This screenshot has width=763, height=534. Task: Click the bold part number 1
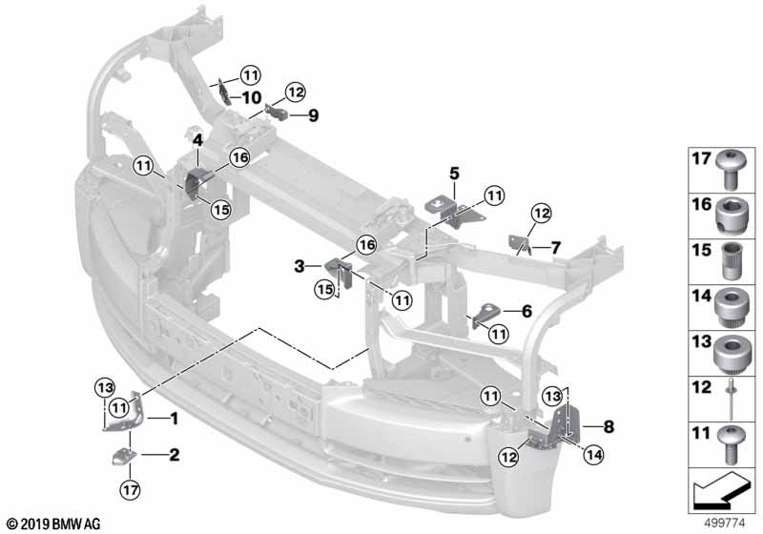(x=174, y=419)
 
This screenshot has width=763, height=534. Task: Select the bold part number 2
(x=175, y=455)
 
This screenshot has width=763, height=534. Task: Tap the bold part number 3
(x=299, y=266)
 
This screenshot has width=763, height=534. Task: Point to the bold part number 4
(x=197, y=140)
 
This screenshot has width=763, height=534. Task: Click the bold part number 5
(x=454, y=174)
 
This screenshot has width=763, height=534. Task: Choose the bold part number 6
(x=527, y=311)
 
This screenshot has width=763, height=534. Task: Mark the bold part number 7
(x=556, y=248)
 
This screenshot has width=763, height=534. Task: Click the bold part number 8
(x=608, y=427)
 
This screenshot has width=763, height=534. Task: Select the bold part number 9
(x=314, y=115)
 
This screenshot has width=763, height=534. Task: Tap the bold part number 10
(x=252, y=98)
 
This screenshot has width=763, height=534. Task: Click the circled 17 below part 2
(x=130, y=489)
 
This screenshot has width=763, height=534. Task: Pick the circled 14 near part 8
(x=593, y=455)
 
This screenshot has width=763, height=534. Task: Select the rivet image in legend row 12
(x=732, y=399)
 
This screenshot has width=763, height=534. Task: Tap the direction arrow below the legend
(x=720, y=489)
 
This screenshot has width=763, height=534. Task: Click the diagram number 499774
(x=725, y=524)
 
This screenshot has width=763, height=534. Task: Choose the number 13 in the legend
(x=702, y=342)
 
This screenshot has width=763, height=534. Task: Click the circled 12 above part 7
(x=541, y=213)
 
